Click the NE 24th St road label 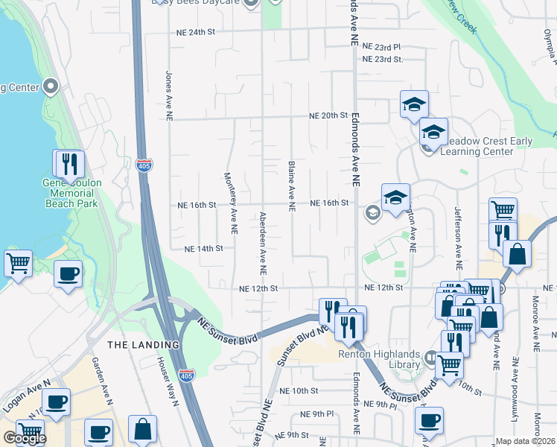(196, 33)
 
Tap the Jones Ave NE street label (169, 91)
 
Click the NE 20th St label (329, 116)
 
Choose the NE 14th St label (203, 249)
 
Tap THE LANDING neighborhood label (143, 345)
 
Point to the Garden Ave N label (101, 381)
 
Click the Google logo (25, 438)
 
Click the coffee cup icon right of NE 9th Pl (430, 419)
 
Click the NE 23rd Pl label (382, 46)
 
